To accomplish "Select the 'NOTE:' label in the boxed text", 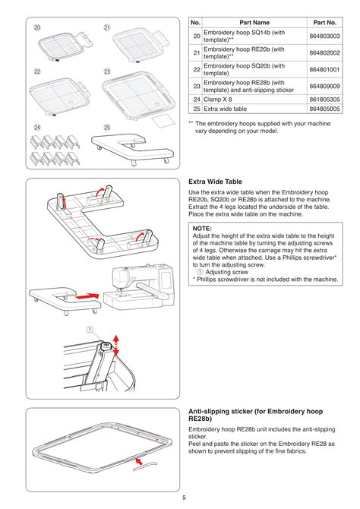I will (202, 227).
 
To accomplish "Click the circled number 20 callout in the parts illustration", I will (36, 28).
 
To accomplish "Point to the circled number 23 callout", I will (108, 71).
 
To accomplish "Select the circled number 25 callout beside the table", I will (108, 127).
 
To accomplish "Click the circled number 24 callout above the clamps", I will (36, 127).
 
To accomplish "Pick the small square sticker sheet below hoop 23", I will (160, 120).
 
